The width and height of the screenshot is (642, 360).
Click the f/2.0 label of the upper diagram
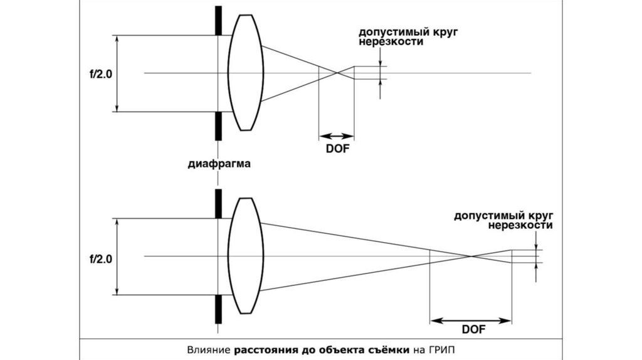point(101,75)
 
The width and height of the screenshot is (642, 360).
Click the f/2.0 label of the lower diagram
point(101,259)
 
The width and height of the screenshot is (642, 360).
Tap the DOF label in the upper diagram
point(338,149)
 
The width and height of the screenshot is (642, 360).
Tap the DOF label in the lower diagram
point(474,329)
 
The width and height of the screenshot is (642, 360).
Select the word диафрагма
point(219,164)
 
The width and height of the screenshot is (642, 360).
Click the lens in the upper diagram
point(246,73)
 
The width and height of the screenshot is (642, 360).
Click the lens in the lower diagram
point(246,256)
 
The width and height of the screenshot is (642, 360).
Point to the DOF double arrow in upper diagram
point(337,136)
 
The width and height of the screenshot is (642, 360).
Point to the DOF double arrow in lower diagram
point(471,320)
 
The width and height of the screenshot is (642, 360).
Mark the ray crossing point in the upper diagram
point(337,73)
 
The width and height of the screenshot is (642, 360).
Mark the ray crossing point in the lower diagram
point(471,257)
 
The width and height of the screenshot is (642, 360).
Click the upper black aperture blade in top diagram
point(218,21)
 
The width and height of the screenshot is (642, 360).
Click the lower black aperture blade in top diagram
point(218,126)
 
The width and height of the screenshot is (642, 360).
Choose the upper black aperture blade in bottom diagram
point(218,204)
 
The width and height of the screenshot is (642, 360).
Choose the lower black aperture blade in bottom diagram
point(218,309)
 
